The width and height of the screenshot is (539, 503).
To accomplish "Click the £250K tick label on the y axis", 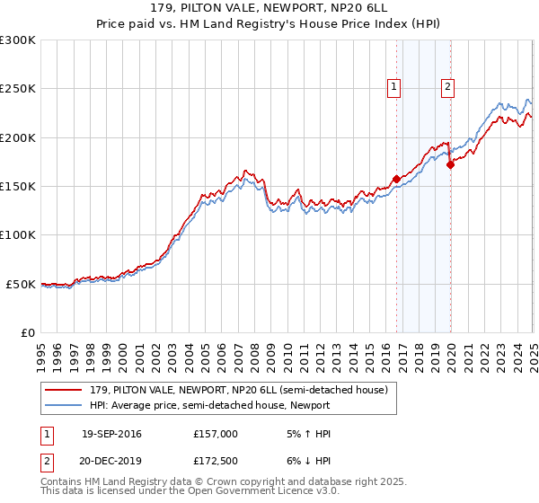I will (x=19, y=89).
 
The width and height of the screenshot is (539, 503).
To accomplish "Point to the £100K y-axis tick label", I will (x=19, y=234).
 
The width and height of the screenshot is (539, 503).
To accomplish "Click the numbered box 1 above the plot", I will (x=393, y=87).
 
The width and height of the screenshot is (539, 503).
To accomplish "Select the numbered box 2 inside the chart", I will (x=447, y=87).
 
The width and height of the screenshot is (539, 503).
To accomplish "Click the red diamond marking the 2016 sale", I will (x=396, y=179).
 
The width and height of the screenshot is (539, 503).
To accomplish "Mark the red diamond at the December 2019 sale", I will (x=450, y=163).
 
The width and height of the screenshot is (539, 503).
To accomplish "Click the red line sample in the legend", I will (x=66, y=390).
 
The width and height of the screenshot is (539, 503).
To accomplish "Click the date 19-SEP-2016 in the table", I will (x=111, y=434).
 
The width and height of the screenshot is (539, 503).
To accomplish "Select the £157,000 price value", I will (x=216, y=434).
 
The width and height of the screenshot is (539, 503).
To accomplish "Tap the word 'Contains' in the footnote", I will (x=62, y=482).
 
